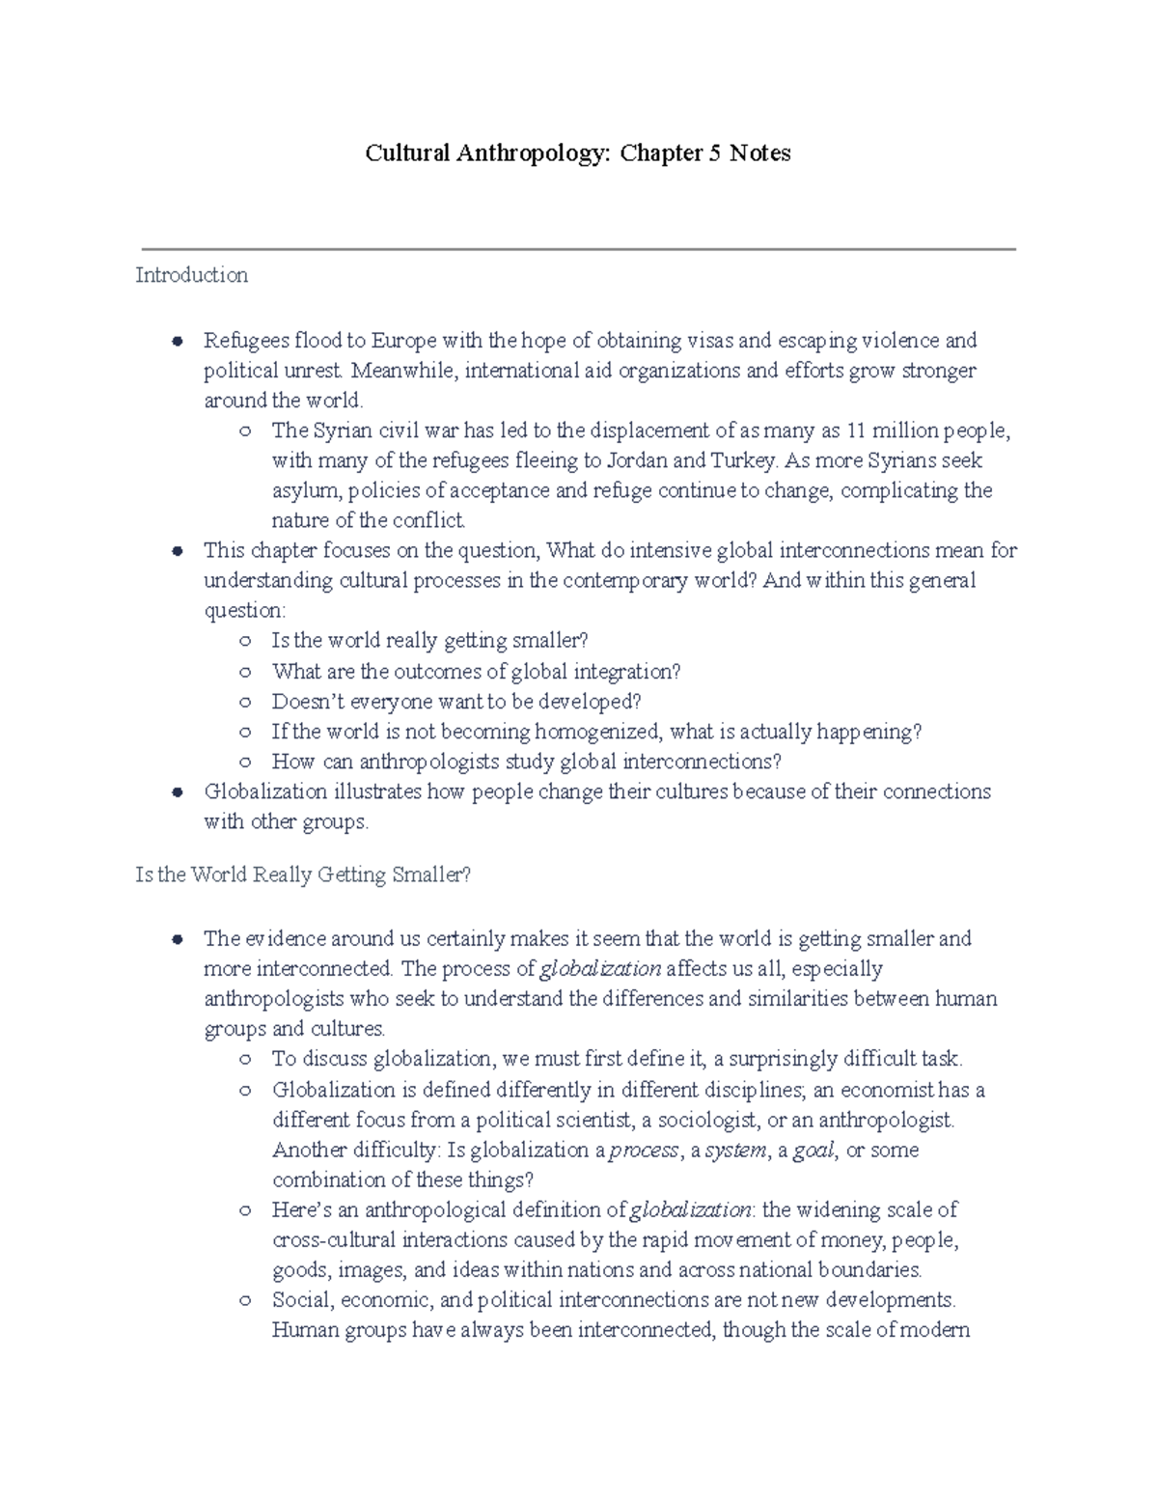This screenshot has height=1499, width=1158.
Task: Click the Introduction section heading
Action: tap(191, 275)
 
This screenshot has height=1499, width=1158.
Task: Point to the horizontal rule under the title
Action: tap(579, 249)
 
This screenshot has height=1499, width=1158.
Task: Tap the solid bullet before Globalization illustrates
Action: tap(177, 792)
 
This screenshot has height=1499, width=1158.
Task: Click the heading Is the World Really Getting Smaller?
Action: tap(303, 875)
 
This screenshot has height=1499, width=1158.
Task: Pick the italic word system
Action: tap(736, 1151)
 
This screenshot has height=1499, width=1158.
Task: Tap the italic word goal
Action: tap(813, 1151)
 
